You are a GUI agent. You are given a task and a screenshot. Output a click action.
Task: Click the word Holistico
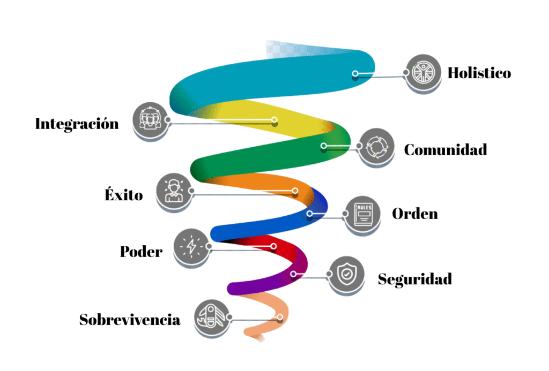coord(479,73)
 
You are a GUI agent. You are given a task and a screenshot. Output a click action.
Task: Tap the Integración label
coord(77,124)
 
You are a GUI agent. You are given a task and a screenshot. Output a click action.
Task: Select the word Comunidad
coord(446,150)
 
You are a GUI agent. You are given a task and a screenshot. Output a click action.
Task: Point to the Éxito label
coord(124,195)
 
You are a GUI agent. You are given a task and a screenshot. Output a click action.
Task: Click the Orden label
coord(415,214)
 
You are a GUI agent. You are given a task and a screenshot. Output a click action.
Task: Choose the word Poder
coord(141,251)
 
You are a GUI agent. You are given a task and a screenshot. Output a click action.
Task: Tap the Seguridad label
coord(415,279)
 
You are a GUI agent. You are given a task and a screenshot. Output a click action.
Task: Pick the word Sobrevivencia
coord(130,320)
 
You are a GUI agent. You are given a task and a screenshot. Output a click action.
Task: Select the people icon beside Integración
coord(149,119)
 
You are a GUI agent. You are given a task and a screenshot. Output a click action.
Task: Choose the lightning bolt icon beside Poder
coord(191,246)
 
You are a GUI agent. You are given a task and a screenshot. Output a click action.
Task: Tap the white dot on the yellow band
coord(274,119)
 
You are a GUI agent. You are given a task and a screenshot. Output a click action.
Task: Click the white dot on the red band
coord(273,246)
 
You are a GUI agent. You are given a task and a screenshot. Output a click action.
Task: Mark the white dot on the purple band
coord(293,274)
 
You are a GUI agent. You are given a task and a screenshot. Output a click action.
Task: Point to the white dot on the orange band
coord(295,191)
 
